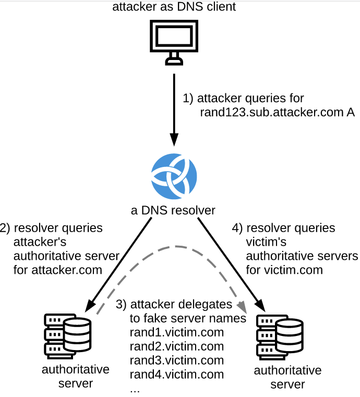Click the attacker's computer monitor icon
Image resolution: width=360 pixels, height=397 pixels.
tap(174, 41)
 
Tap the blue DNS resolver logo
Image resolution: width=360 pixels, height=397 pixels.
tap(174, 177)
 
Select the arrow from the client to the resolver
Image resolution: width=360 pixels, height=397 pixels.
tap(174, 110)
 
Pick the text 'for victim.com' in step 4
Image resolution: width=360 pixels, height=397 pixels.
tap(284, 270)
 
